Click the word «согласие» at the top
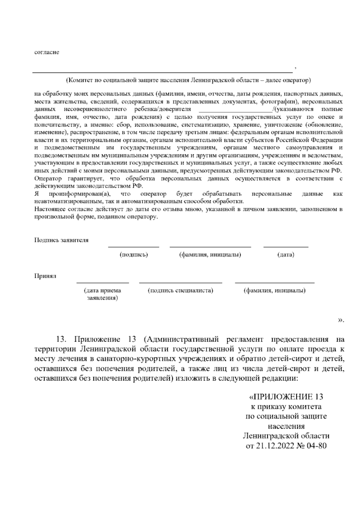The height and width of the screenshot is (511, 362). coord(47,52)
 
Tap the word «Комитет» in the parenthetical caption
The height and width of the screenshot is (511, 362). coord(80,80)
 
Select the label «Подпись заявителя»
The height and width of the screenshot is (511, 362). coord(61,240)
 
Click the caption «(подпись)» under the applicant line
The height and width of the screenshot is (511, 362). coord(134,255)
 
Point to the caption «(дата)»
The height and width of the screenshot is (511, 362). coord(285,255)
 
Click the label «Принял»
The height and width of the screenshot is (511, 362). coord(45,276)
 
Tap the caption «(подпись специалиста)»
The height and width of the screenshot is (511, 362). coord(180,290)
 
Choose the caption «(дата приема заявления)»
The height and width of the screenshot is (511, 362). coord(103,294)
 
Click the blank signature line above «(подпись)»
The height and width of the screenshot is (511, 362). coord(134,247)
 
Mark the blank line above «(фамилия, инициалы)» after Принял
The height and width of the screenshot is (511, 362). coord(275,283)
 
